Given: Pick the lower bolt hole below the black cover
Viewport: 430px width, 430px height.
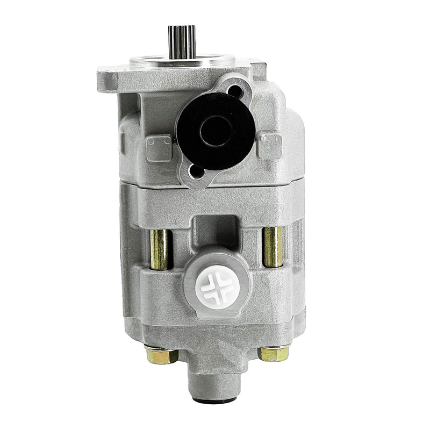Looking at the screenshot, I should click(196, 171).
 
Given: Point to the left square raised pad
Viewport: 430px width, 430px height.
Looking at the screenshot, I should click(159, 148).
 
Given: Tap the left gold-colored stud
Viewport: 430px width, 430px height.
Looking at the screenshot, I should click(160, 248).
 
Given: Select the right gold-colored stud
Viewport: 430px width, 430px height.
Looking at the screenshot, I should click(273, 246).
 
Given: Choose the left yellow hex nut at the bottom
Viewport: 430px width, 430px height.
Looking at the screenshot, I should click(161, 355).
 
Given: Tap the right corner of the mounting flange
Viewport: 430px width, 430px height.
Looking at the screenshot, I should click(258, 70).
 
